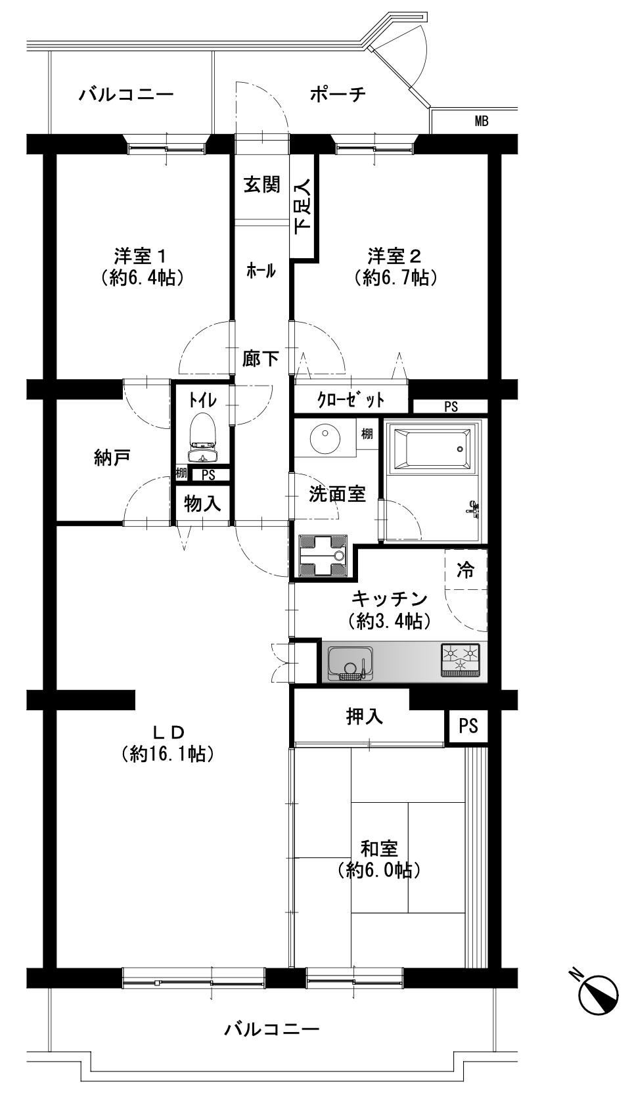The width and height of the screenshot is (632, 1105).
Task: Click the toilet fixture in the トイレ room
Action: (203, 439)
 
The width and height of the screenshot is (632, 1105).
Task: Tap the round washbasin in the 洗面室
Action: (325, 434)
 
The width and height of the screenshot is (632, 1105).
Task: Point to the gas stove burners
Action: (461, 659)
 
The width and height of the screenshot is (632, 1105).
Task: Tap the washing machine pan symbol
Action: (323, 556)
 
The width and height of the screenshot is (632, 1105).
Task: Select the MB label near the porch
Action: (482, 121)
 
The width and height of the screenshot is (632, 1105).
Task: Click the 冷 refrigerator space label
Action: (466, 570)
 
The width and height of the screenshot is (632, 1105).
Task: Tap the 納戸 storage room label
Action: (112, 457)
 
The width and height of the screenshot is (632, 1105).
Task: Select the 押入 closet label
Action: (365, 717)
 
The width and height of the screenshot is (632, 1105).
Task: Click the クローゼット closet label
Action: (350, 400)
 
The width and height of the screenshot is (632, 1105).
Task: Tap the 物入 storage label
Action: (202, 504)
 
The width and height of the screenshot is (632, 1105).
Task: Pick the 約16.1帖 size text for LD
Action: (168, 754)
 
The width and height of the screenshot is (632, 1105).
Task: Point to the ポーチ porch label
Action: (338, 94)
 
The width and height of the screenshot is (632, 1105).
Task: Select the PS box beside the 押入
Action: (468, 726)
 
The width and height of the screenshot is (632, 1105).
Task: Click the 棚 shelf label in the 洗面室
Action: (367, 434)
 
